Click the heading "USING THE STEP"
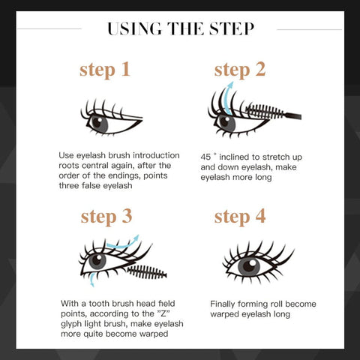(x=181, y=28)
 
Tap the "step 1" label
(x=105, y=70)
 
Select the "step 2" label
(x=240, y=70)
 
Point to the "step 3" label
(x=106, y=217)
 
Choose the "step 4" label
(x=240, y=217)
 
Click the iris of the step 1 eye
(x=100, y=124)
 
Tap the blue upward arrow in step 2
(x=227, y=98)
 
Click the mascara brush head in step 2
(x=265, y=112)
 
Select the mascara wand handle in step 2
(x=292, y=115)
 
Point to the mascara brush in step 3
(x=147, y=272)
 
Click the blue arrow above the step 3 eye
(x=123, y=243)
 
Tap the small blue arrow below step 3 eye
(x=92, y=280)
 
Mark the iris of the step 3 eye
(x=97, y=262)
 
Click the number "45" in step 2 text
(x=205, y=157)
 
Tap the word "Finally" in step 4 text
(x=223, y=304)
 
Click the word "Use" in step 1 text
(x=66, y=155)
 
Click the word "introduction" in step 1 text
(x=156, y=155)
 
